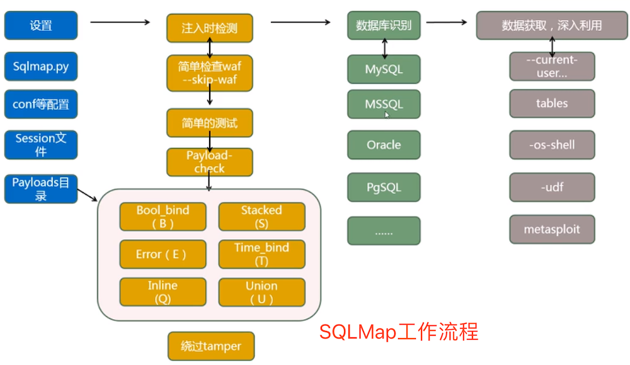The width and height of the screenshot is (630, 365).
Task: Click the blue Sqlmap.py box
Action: (41, 66)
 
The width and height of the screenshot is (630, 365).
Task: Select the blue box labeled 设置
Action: (41, 25)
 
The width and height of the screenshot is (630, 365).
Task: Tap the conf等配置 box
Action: (41, 104)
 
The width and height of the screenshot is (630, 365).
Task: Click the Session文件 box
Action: (41, 145)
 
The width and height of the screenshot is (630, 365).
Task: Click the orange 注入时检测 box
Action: (210, 29)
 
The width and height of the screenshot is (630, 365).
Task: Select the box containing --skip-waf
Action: (210, 73)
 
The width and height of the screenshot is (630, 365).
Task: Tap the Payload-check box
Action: (210, 162)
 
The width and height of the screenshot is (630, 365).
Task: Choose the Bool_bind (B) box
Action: (163, 216)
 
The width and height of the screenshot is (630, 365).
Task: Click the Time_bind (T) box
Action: (261, 254)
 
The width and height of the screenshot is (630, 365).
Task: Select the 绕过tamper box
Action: (211, 346)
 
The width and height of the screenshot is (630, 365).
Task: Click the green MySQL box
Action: (384, 69)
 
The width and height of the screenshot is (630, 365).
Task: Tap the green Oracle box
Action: (384, 145)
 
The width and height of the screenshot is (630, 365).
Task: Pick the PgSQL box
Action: (384, 188)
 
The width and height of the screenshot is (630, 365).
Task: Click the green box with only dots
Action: (384, 231)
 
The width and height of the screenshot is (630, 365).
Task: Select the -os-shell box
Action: (552, 145)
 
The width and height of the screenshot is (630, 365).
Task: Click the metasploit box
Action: (552, 230)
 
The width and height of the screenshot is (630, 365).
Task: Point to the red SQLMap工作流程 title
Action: (399, 331)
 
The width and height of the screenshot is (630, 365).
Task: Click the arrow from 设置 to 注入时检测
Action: (120, 23)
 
